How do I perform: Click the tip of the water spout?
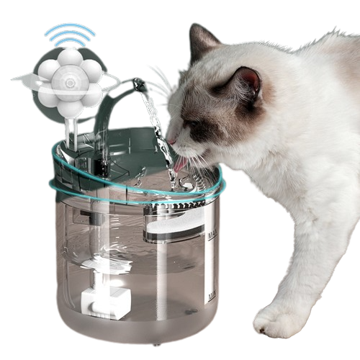(x=141, y=86)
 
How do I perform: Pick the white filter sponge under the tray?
(x=173, y=230)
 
